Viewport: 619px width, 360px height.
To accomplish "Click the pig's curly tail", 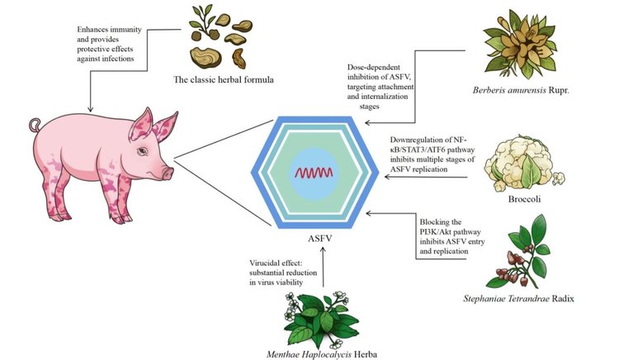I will click(35, 126).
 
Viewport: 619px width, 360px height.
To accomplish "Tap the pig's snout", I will click(168, 173).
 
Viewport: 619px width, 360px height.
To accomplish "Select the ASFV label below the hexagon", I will click(323, 237).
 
